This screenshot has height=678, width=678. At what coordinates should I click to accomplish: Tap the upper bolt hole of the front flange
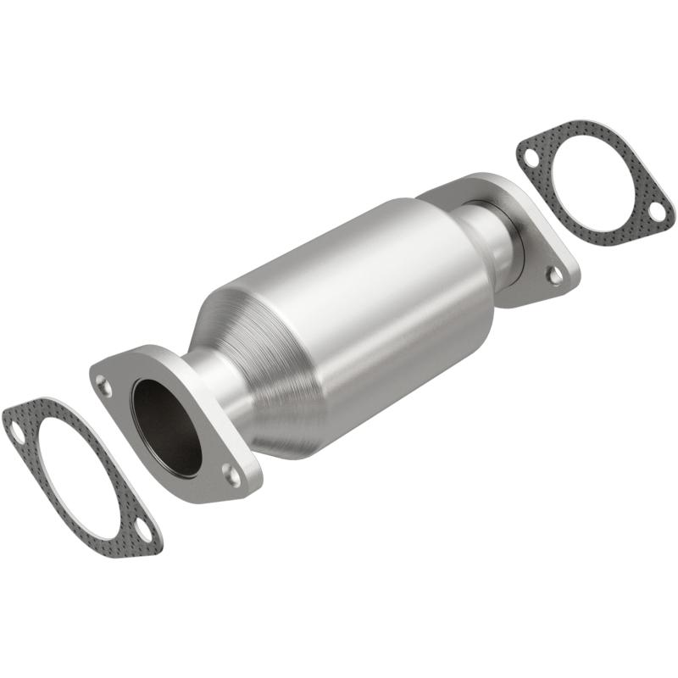pos(103,386)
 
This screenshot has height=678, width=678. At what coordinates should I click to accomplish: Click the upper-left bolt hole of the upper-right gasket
pos(531,158)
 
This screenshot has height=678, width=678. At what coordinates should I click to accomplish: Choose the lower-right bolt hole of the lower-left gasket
pos(145,534)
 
